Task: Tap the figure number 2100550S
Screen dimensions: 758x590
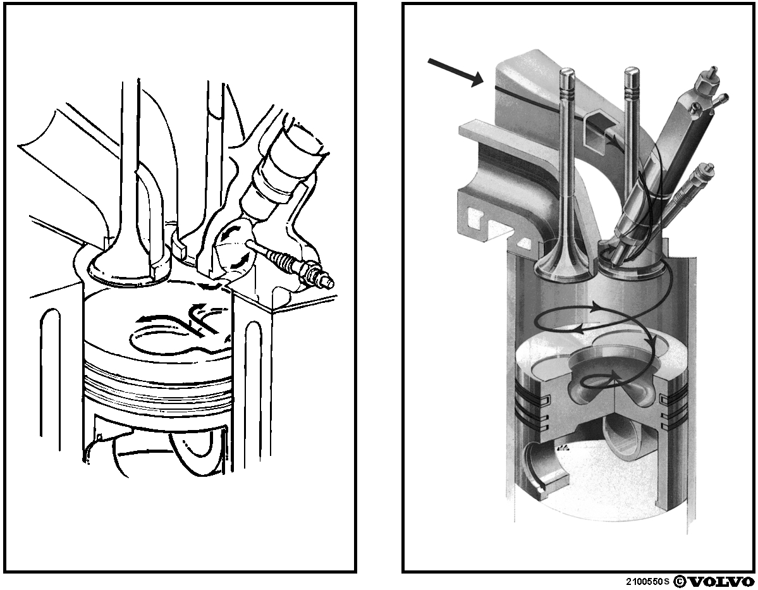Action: click(x=648, y=581)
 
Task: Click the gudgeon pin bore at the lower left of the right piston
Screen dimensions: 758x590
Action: click(x=546, y=469)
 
